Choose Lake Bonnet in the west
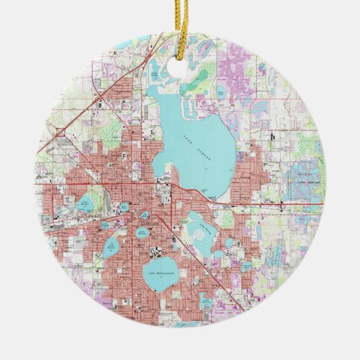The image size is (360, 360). (85, 203)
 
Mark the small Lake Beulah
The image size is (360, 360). (106, 226)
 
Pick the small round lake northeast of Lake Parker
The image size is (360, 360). (222, 90)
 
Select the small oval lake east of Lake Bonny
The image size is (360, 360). (229, 242)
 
